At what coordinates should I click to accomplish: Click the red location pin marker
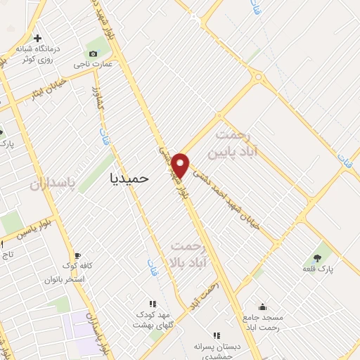[x=181, y=165]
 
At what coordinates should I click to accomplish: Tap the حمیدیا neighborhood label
[x=130, y=178]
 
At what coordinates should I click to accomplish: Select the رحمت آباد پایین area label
[x=235, y=143]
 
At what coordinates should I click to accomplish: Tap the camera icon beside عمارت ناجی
[x=93, y=53]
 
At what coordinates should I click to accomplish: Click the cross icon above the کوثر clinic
[x=38, y=39]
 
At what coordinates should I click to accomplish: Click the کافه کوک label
[x=78, y=268]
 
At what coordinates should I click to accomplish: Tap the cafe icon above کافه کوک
[x=78, y=256]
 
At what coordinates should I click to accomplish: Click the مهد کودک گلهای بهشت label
[x=153, y=320]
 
